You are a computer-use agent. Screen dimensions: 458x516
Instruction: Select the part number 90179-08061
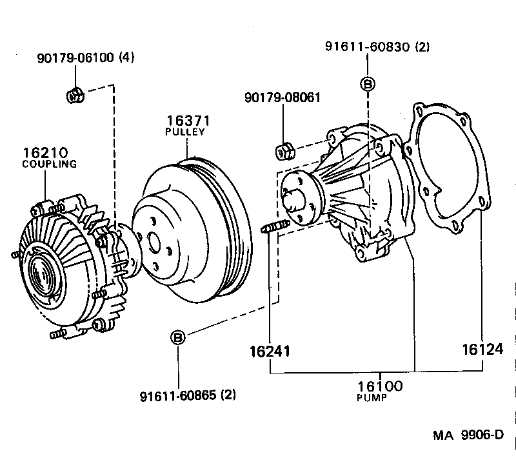pyautogui.click(x=283, y=97)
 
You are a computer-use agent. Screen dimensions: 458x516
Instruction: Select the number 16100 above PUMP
pyautogui.click(x=379, y=386)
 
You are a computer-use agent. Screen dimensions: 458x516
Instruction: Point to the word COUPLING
pyautogui.click(x=50, y=164)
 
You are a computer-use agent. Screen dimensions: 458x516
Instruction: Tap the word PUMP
pyautogui.click(x=372, y=398)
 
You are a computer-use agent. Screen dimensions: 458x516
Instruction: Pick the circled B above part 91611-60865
pyautogui.click(x=178, y=337)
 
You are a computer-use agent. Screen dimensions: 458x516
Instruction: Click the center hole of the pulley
pyautogui.click(x=153, y=243)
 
